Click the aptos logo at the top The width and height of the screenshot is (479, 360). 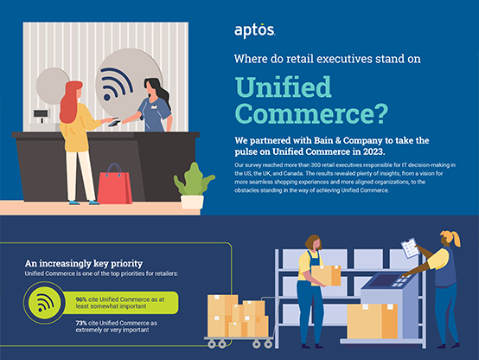(255, 31)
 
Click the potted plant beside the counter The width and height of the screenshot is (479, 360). (193, 184)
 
